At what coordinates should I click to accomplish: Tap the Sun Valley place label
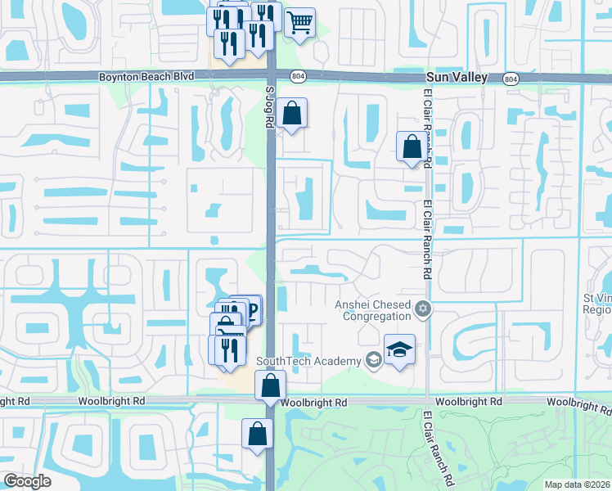point(457,77)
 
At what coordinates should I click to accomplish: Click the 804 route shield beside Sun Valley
point(511,78)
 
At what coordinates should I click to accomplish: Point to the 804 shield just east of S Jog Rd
point(296,76)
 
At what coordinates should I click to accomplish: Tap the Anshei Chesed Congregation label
point(373,310)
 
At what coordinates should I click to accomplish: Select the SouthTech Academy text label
point(308,361)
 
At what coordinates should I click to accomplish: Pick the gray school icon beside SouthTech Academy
point(373,360)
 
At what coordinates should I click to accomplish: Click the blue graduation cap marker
point(399,350)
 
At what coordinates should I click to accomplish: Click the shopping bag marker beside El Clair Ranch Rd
point(412,147)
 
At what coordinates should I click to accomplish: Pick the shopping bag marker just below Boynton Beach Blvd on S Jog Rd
point(291,114)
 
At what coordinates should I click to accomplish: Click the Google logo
point(27,481)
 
